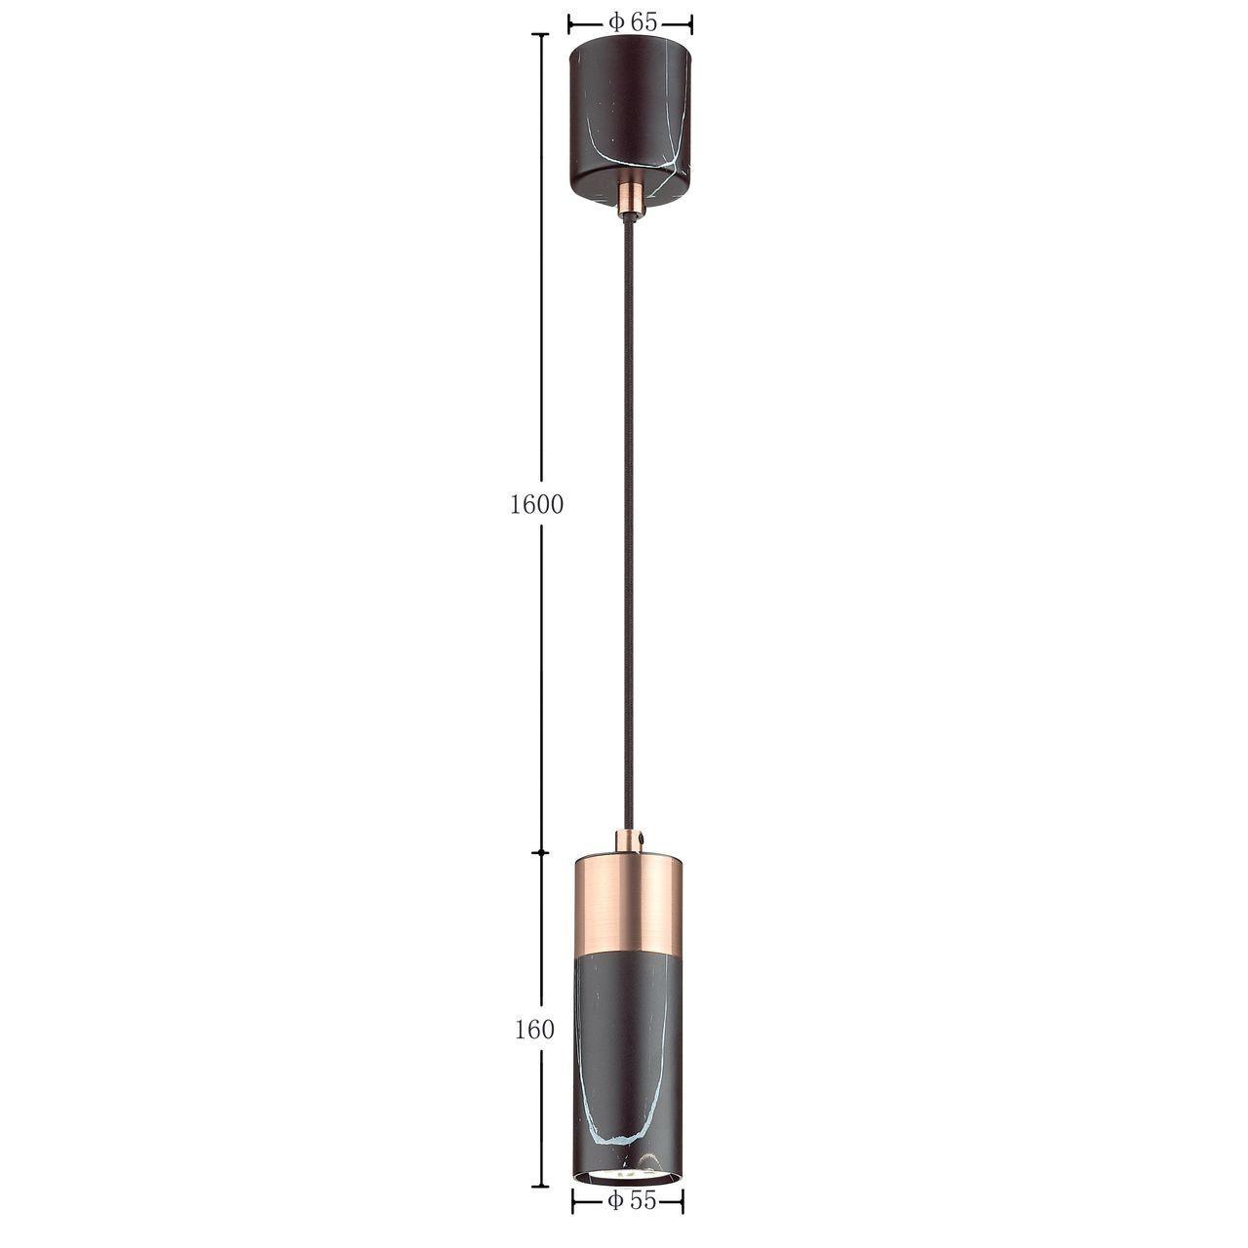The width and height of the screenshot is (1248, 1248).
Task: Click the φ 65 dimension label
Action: [x=632, y=23]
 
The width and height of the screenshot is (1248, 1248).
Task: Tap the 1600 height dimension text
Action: [x=536, y=504]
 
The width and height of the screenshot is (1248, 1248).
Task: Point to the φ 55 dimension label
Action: [x=632, y=1218]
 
